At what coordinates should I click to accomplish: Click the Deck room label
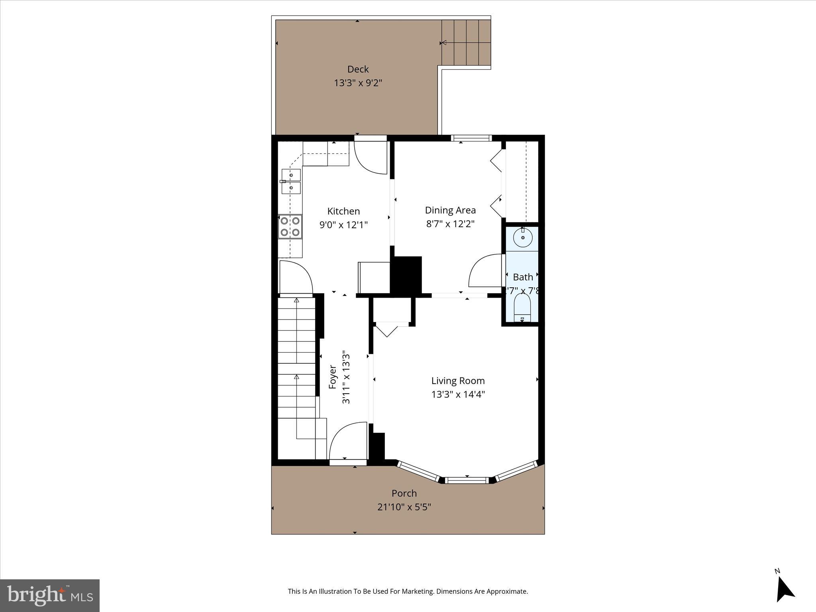[x=358, y=69]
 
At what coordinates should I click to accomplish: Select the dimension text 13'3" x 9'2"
[x=358, y=83]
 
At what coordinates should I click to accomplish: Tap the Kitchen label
[x=343, y=211]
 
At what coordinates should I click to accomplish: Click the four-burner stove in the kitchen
[x=290, y=226]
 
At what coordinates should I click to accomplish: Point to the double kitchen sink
[x=291, y=181]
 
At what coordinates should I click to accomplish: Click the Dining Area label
[x=450, y=210]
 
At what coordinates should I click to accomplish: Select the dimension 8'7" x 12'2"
[x=450, y=224]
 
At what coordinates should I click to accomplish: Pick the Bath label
[x=523, y=277]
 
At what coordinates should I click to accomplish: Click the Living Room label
[x=458, y=381]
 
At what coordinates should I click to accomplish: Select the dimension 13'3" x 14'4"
[x=458, y=394]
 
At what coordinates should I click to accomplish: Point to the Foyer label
[x=333, y=377]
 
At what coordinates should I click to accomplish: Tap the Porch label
[x=404, y=493]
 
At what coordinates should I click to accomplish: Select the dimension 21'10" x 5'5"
[x=404, y=507]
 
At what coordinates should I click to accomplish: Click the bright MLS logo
[x=50, y=596]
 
